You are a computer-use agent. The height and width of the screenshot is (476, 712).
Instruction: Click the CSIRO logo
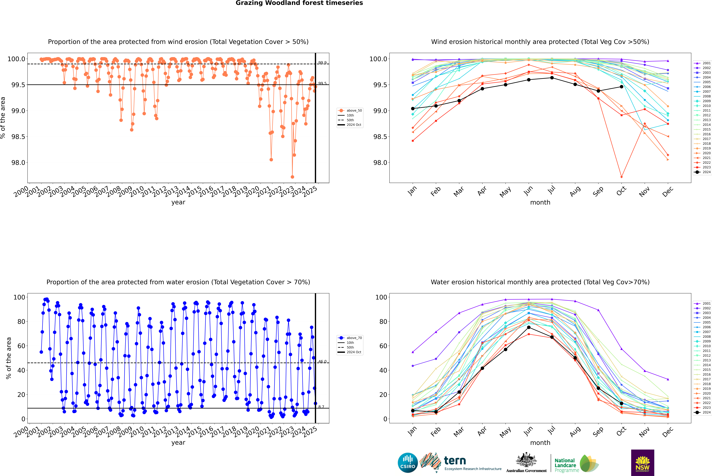(x=408, y=463)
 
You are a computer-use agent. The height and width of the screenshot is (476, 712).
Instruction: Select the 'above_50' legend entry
(x=354, y=111)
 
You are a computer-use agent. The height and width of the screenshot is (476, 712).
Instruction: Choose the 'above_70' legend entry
(x=354, y=338)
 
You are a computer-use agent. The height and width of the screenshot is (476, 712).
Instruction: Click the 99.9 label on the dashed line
(x=322, y=63)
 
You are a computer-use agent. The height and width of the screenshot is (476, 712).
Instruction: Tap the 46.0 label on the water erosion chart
(x=322, y=362)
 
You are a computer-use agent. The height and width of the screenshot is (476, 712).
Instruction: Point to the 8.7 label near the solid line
(x=321, y=407)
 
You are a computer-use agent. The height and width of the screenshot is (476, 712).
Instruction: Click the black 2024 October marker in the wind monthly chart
(x=621, y=86)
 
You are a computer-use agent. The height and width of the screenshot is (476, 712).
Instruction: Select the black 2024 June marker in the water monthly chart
(x=529, y=327)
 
